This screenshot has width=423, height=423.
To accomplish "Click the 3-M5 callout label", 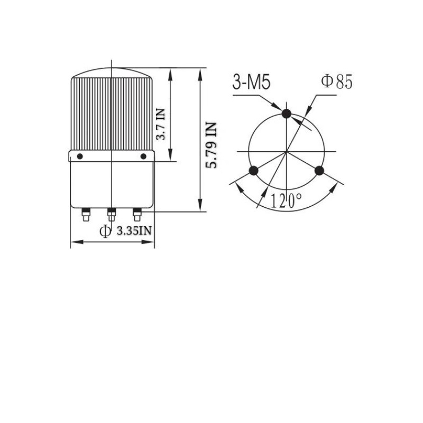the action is tap(251, 82).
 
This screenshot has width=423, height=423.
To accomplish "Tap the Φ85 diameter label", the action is tap(337, 81).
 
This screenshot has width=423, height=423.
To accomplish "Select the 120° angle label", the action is tap(286, 201).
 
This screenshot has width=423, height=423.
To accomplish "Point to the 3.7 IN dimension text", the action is tap(161, 124).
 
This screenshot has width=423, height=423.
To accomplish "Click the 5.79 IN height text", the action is tap(211, 145).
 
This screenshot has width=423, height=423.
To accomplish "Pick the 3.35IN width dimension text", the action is tap(134, 231).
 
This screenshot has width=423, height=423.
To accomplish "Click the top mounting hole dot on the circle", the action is tap(286, 114).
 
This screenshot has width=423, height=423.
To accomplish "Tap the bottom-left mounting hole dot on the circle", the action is tap(253, 170).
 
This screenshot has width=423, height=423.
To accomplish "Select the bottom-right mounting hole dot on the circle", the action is tap(319, 170).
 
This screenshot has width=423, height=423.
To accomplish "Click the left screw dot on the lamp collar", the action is tap(80, 156).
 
